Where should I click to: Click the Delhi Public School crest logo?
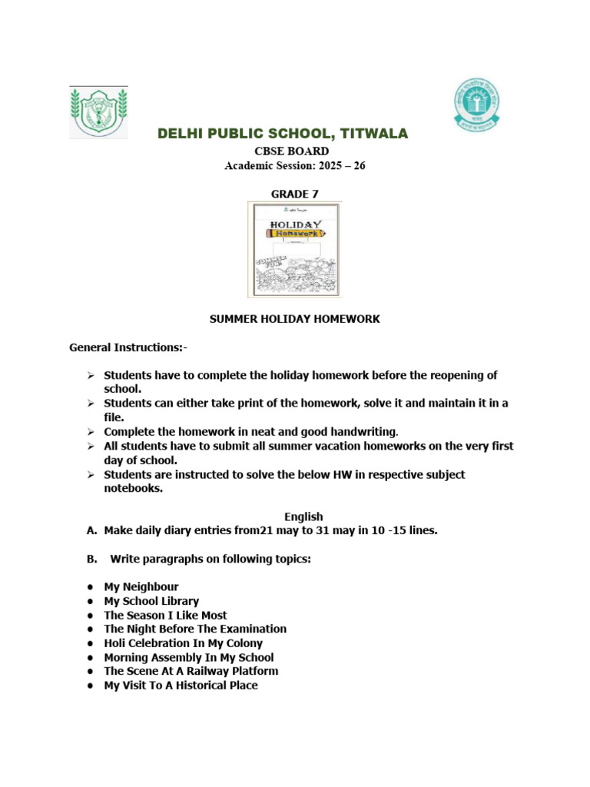(x=98, y=112)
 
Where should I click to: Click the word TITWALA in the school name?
(x=370, y=134)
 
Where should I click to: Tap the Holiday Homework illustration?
(x=294, y=249)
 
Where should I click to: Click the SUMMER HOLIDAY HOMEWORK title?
(x=294, y=319)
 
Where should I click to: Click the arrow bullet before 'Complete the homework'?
(x=90, y=432)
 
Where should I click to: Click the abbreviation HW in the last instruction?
(x=343, y=474)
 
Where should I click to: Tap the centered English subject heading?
(x=303, y=516)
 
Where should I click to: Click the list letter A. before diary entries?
(x=92, y=530)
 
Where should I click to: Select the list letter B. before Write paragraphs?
(x=92, y=559)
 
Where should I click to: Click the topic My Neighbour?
(x=141, y=587)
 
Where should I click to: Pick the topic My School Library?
(x=151, y=601)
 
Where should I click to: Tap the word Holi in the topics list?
(x=116, y=643)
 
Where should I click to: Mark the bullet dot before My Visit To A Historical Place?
(x=91, y=686)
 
